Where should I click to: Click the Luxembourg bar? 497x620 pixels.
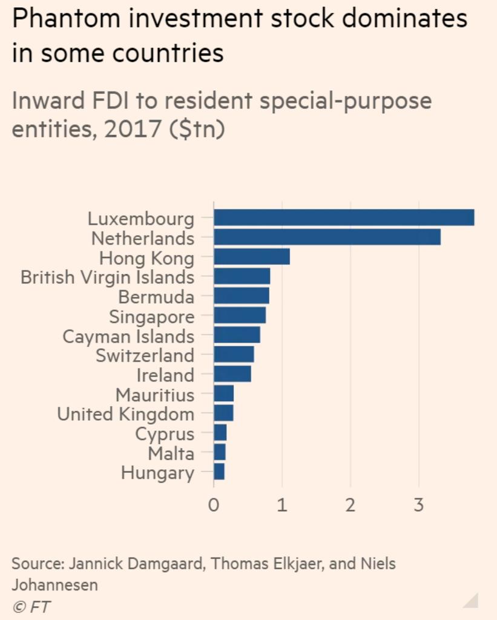pos(344,217)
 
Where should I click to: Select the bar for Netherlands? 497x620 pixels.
pos(327,237)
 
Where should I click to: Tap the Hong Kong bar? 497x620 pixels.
pos(252,257)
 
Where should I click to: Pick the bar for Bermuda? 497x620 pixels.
pos(242,296)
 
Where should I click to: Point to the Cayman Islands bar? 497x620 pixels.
pos(237,335)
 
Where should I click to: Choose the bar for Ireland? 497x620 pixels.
pos(232,374)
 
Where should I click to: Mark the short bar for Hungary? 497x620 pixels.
pos(219,472)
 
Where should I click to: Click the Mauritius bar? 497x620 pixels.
pos(223,394)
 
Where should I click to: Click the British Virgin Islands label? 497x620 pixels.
pos(107,277)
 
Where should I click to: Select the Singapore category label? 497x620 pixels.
pos(151,317)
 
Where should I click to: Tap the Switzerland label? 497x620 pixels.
pos(145,355)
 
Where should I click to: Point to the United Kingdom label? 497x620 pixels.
pos(125,414)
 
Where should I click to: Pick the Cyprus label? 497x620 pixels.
pos(165,434)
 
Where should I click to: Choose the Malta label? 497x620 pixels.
pos(171,453)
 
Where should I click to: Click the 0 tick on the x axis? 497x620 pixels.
pos(214,505)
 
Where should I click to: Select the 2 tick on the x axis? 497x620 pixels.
pos(351,505)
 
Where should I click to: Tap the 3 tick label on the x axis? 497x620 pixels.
pos(419,505)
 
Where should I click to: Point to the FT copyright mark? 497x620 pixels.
pos(32,607)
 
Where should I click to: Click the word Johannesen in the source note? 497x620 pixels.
pos(54,585)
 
